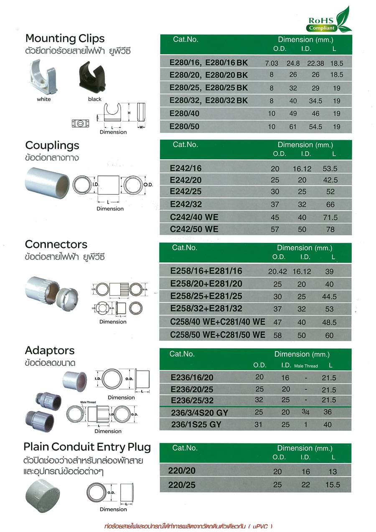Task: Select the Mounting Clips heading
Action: click(65, 38)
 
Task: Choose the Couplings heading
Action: click(52, 145)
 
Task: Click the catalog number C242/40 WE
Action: click(194, 217)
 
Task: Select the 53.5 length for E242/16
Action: click(330, 169)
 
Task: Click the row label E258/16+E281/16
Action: click(206, 271)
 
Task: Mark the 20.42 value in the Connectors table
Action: click(277, 272)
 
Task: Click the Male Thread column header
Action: click(306, 366)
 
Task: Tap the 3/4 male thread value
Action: click(307, 412)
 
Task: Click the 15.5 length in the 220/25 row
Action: click(332, 485)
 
